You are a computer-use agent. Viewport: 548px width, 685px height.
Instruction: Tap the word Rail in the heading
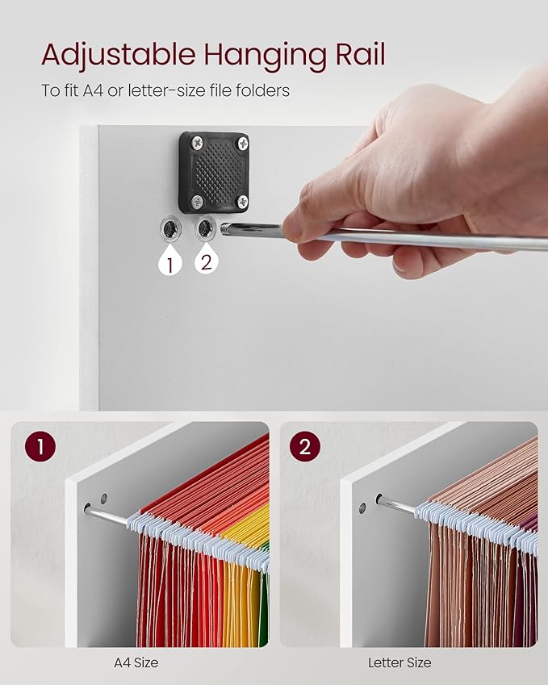pyautogui.click(x=361, y=54)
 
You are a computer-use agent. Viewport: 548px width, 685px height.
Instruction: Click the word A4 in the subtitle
pyautogui.click(x=92, y=91)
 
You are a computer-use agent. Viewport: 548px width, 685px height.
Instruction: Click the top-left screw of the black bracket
pyautogui.click(x=198, y=141)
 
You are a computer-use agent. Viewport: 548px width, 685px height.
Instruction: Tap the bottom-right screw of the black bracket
pyautogui.click(x=242, y=202)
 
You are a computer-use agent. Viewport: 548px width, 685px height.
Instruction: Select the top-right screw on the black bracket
pyautogui.click(x=243, y=143)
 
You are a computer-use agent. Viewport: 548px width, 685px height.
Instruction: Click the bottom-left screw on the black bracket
pyautogui.click(x=198, y=202)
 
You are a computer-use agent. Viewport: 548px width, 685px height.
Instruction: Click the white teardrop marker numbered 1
pyautogui.click(x=170, y=261)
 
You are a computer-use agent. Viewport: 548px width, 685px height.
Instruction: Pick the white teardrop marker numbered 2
pyautogui.click(x=207, y=261)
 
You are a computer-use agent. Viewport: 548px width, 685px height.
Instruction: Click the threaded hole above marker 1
pyautogui.click(x=170, y=228)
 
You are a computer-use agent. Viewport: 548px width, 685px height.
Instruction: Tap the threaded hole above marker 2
pyautogui.click(x=205, y=228)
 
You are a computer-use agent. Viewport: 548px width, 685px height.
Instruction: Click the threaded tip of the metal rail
pyautogui.click(x=226, y=229)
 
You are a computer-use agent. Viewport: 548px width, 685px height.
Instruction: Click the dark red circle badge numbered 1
pyautogui.click(x=40, y=446)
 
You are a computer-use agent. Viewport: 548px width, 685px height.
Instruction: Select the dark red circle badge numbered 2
pyautogui.click(x=304, y=446)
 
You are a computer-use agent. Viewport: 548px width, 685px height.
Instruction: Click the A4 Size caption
pyautogui.click(x=136, y=662)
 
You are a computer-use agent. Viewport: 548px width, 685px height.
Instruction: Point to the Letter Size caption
pyautogui.click(x=399, y=662)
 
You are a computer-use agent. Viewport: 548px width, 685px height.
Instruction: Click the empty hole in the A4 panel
pyautogui.click(x=103, y=499)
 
